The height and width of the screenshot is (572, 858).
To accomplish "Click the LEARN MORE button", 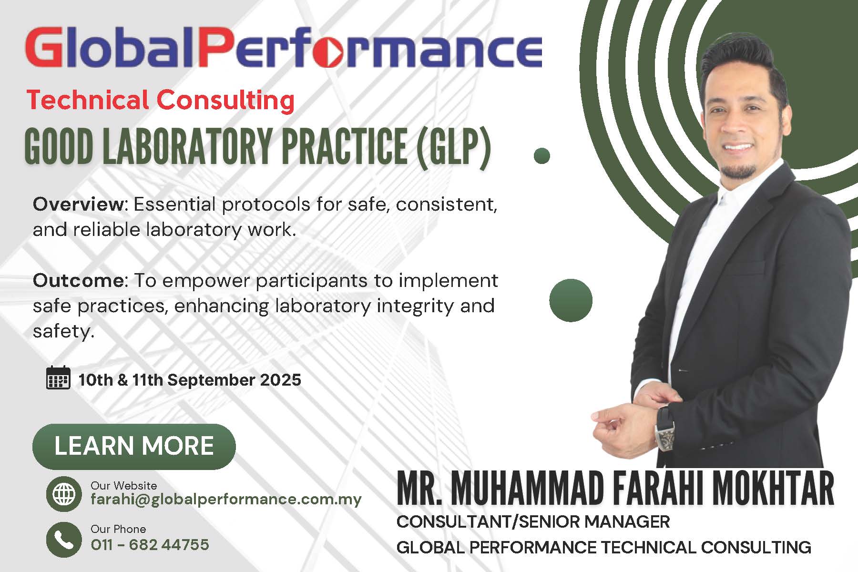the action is (x=134, y=446).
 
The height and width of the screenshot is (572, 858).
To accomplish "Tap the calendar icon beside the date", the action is (x=58, y=378).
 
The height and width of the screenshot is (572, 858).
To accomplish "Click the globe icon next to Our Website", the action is (x=64, y=494).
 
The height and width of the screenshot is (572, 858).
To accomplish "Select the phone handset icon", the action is (x=64, y=540).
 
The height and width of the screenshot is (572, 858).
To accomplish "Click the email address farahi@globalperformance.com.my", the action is (x=226, y=500).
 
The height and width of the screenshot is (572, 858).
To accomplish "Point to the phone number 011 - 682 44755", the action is (x=150, y=544).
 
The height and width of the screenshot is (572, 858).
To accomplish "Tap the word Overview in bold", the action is (x=79, y=204).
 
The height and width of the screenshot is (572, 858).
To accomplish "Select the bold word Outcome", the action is (x=79, y=280).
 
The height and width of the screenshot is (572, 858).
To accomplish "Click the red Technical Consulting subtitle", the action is (x=161, y=101).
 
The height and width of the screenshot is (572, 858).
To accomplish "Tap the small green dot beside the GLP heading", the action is (x=542, y=156).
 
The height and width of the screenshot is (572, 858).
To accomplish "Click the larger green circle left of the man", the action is (x=571, y=300).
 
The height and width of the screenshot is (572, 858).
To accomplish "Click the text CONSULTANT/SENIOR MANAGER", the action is (x=533, y=521).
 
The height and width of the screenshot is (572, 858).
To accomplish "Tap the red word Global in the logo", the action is (x=110, y=48).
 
